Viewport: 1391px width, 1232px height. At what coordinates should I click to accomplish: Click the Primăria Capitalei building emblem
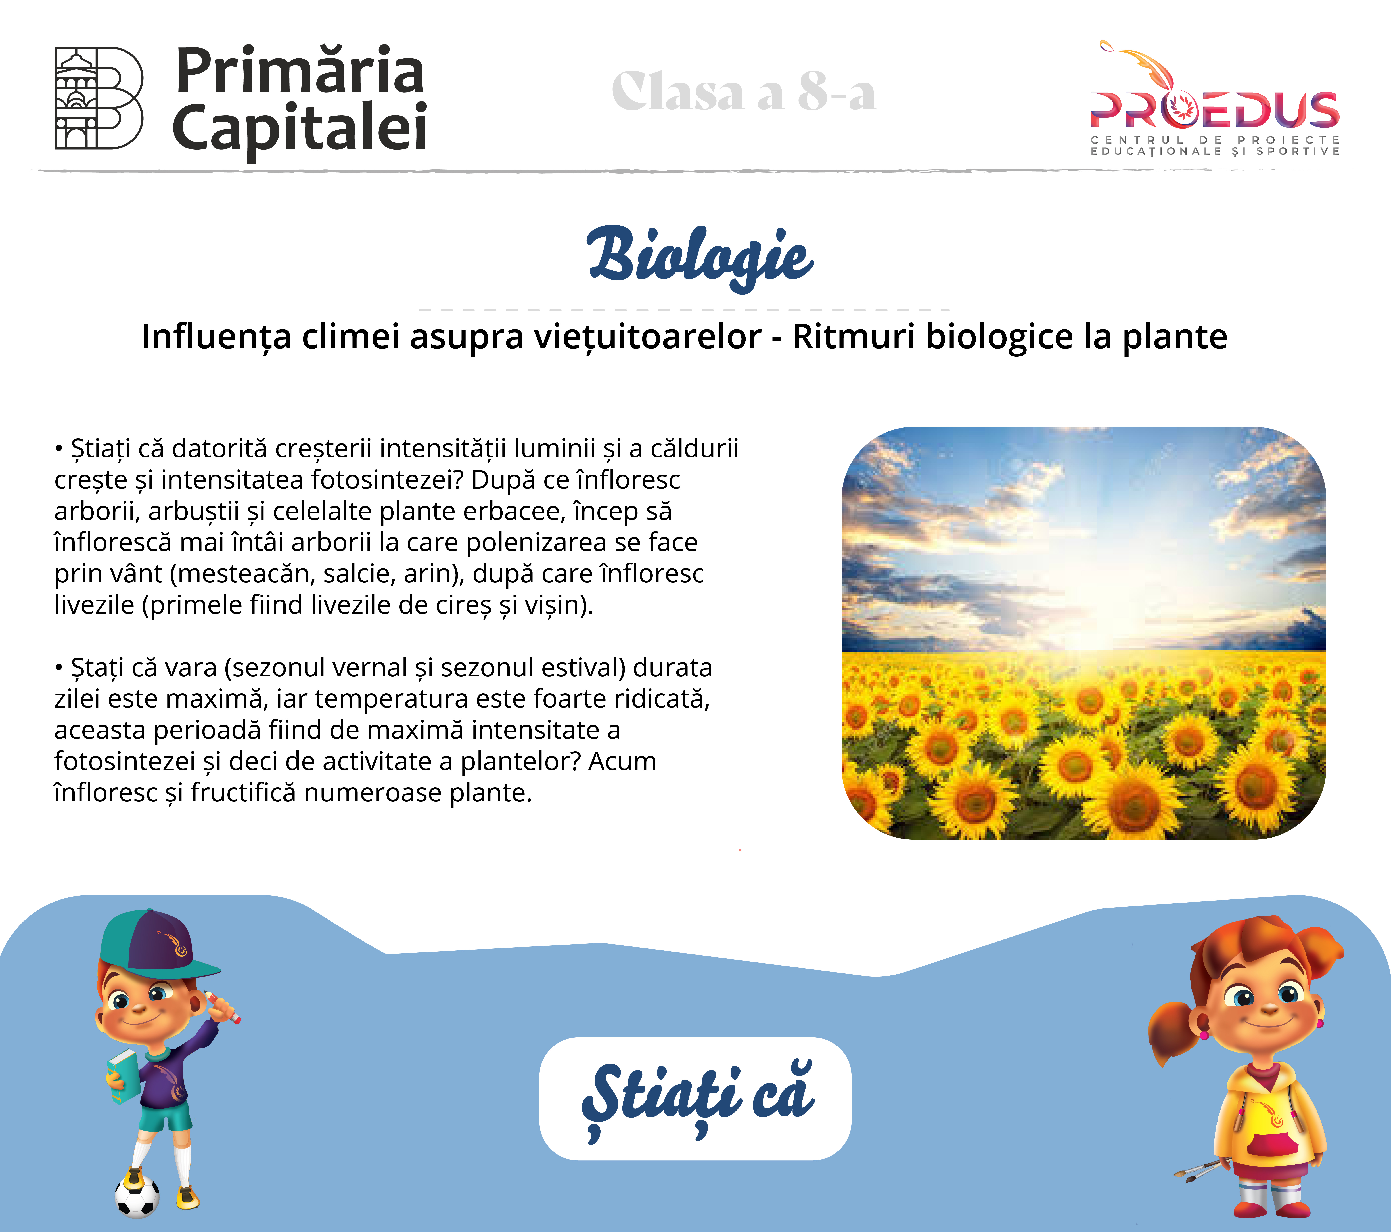[99, 98]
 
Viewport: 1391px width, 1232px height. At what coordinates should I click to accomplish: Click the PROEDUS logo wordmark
[1215, 110]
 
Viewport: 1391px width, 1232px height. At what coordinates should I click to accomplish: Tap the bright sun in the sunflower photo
[1096, 599]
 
